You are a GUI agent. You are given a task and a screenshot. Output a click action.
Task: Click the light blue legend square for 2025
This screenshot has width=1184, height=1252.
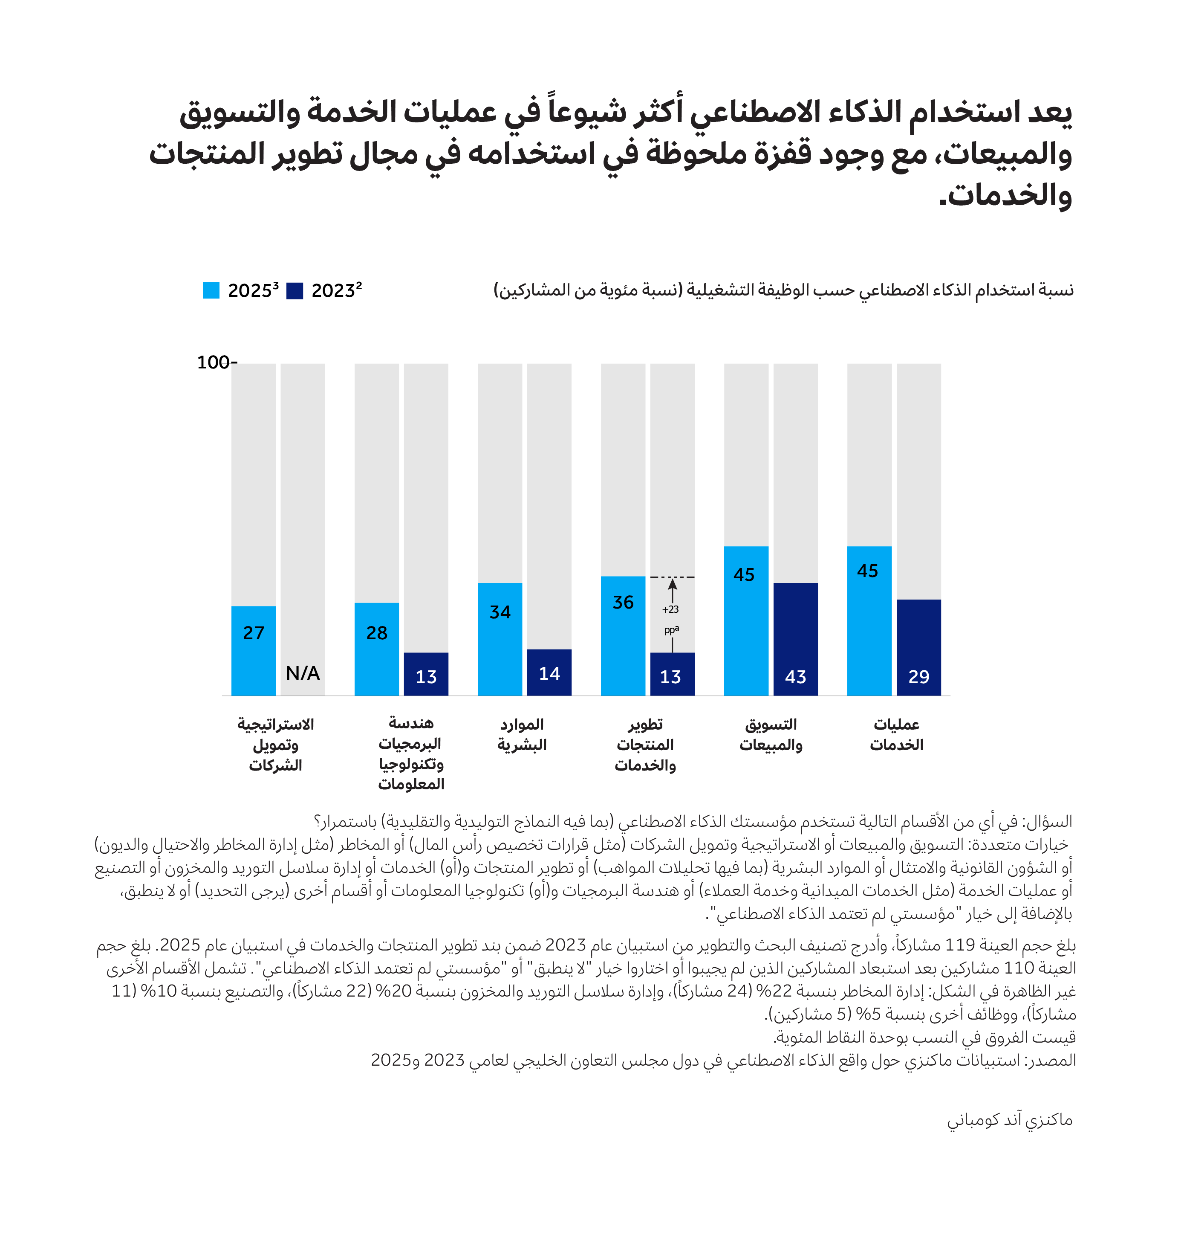[x=211, y=290]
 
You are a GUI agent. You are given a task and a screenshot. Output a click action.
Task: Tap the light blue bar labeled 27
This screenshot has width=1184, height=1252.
[x=253, y=650]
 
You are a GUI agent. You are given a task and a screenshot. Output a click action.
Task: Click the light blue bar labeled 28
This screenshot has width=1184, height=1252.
[x=376, y=649]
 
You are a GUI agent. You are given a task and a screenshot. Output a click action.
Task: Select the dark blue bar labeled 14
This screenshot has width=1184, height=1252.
[x=549, y=672]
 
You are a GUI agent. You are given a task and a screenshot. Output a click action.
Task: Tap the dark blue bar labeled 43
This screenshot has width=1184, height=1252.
[x=795, y=639]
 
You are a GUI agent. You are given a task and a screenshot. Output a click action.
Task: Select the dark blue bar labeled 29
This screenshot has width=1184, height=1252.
[x=918, y=647]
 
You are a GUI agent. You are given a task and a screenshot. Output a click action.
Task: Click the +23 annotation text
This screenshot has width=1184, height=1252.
[x=670, y=609]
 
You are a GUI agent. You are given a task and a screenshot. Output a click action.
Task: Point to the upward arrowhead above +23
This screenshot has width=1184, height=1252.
[x=672, y=583]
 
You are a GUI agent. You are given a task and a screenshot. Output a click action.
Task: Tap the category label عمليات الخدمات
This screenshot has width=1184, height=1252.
[x=896, y=734]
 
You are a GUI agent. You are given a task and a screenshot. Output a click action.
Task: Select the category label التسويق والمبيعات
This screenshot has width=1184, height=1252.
[x=771, y=734]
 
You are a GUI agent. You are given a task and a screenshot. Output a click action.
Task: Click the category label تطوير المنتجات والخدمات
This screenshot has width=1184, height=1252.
[x=645, y=745]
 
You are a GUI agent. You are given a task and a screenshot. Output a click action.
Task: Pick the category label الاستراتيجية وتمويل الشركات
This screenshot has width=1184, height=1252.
[x=276, y=745]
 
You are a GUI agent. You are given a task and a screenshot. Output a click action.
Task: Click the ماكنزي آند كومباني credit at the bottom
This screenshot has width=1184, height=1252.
[x=1009, y=1119]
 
